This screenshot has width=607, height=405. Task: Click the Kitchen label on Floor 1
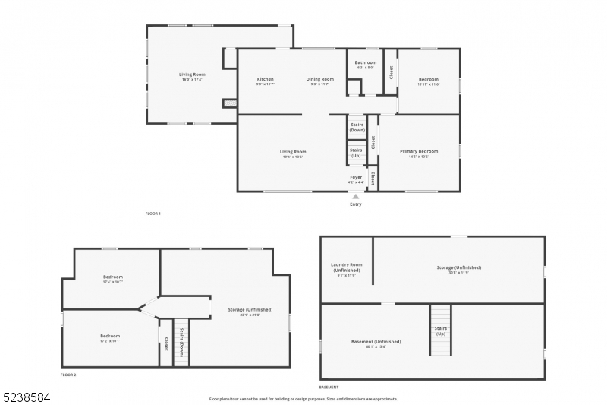click(x=265, y=79)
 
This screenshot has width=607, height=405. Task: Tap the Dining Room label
click(x=320, y=79)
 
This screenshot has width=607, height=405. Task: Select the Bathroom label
click(x=366, y=62)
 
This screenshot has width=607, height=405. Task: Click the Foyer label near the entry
click(x=356, y=177)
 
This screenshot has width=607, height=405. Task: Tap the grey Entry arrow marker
click(x=355, y=196)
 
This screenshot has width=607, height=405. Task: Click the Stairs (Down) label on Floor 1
click(x=357, y=127)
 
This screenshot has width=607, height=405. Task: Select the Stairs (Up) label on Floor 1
click(x=356, y=153)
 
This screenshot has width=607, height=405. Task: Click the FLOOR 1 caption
click(x=153, y=214)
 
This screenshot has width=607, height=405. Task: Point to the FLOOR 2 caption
click(x=68, y=375)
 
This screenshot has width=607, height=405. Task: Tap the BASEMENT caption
click(x=329, y=388)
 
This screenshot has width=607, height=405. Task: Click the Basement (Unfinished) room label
click(x=376, y=342)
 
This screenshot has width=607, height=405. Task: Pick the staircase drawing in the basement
click(x=440, y=330)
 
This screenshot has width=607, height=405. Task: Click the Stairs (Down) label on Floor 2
click(x=181, y=343)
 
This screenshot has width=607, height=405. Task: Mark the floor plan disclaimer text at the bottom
click(x=303, y=398)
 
